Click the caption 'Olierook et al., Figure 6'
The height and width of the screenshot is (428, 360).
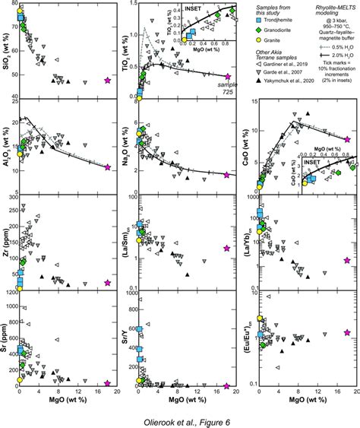[179, 417]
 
